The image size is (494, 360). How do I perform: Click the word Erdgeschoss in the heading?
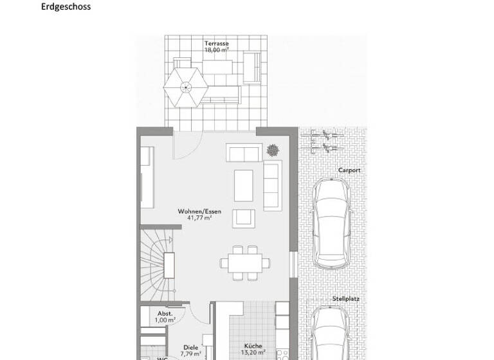tap(66, 7)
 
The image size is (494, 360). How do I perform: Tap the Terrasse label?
tap(217, 44)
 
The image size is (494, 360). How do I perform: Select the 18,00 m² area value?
tap(217, 50)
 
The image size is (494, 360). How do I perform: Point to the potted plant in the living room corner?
tap(273, 150)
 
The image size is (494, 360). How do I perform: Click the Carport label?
tap(349, 170)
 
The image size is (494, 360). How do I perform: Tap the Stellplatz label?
tap(346, 299)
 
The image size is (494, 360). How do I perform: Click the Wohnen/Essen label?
tap(200, 211)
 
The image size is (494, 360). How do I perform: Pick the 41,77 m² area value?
tap(200, 218)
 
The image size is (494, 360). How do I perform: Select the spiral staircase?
tap(158, 260)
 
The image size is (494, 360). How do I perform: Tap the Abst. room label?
tap(165, 314)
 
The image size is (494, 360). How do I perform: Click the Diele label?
tap(191, 347)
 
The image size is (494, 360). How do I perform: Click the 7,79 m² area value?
tap(191, 354)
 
